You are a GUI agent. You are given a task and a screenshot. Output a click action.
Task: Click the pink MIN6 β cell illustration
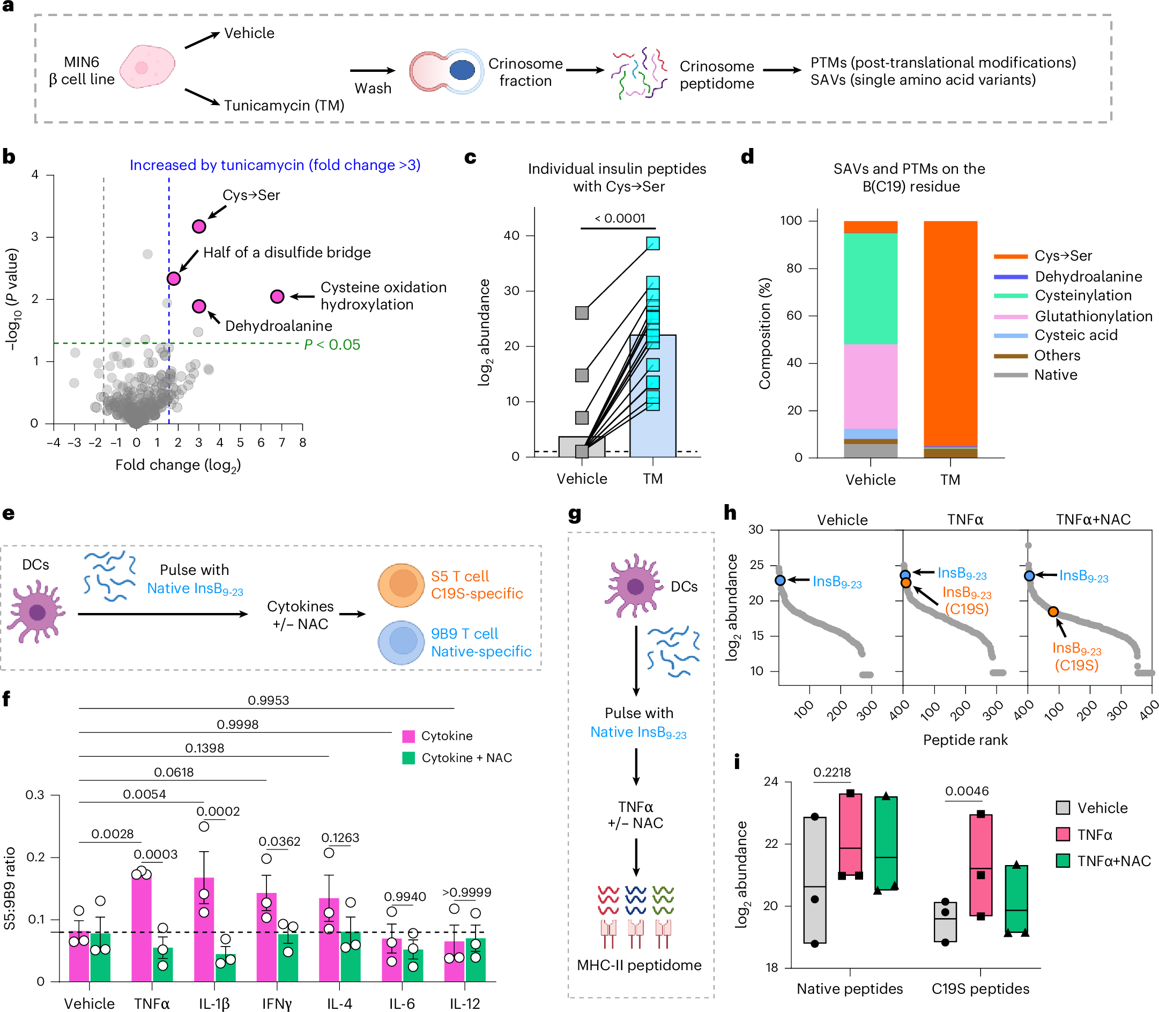coord(147,67)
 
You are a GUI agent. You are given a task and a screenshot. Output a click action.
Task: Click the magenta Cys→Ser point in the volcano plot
coord(199,226)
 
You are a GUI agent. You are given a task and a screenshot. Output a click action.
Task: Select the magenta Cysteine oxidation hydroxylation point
coord(277,297)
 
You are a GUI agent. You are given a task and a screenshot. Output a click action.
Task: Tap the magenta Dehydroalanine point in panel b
coord(199,306)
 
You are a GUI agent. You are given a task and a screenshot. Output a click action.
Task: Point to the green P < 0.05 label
coord(332,344)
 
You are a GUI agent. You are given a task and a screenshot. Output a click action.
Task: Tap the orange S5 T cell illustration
coord(401,585)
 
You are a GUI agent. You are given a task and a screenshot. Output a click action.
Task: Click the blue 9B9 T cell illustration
coord(401,642)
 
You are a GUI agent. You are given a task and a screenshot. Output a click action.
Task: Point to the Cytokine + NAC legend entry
coord(466,758)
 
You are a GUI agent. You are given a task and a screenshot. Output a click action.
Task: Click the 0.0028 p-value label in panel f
coord(113,834)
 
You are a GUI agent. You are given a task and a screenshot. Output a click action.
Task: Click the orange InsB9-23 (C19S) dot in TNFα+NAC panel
coord(1053,611)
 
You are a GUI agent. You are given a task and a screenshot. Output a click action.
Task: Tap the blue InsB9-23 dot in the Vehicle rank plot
coord(780,580)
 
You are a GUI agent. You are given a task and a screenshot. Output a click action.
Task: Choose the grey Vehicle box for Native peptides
coord(815,881)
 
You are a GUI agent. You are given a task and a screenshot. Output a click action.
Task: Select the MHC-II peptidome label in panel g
coord(639,965)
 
